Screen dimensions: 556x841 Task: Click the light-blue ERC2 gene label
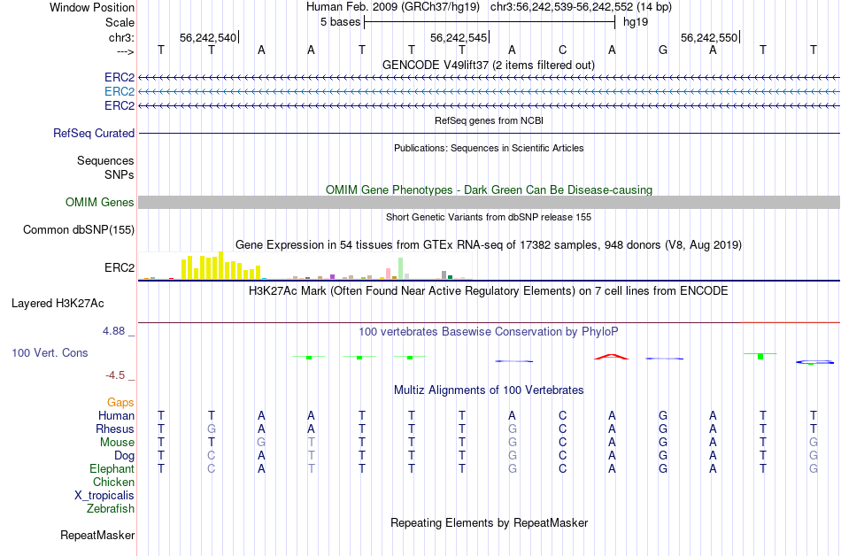[x=119, y=91]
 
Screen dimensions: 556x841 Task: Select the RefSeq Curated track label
[x=94, y=133]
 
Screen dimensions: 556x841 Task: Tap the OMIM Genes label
[x=100, y=203]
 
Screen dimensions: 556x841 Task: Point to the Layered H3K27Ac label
[x=58, y=303]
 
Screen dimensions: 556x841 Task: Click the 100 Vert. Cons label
[x=50, y=352]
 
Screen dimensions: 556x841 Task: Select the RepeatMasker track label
[x=97, y=535]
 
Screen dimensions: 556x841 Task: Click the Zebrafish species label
[x=111, y=508]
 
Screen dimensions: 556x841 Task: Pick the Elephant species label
[x=112, y=468]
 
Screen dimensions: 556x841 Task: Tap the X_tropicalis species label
[x=104, y=495]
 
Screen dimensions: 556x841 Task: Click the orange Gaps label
[x=120, y=402]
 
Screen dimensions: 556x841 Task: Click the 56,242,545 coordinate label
[x=458, y=38]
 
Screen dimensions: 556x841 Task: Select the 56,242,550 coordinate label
[x=708, y=38]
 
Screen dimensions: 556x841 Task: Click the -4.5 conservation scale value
[x=120, y=375]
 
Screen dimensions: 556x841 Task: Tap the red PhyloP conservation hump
[x=612, y=356]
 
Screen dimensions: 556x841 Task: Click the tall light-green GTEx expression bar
[x=401, y=268]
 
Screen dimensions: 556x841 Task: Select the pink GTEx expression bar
[x=388, y=273]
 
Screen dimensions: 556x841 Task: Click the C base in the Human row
[x=562, y=415]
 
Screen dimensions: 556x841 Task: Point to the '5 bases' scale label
[x=340, y=20]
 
